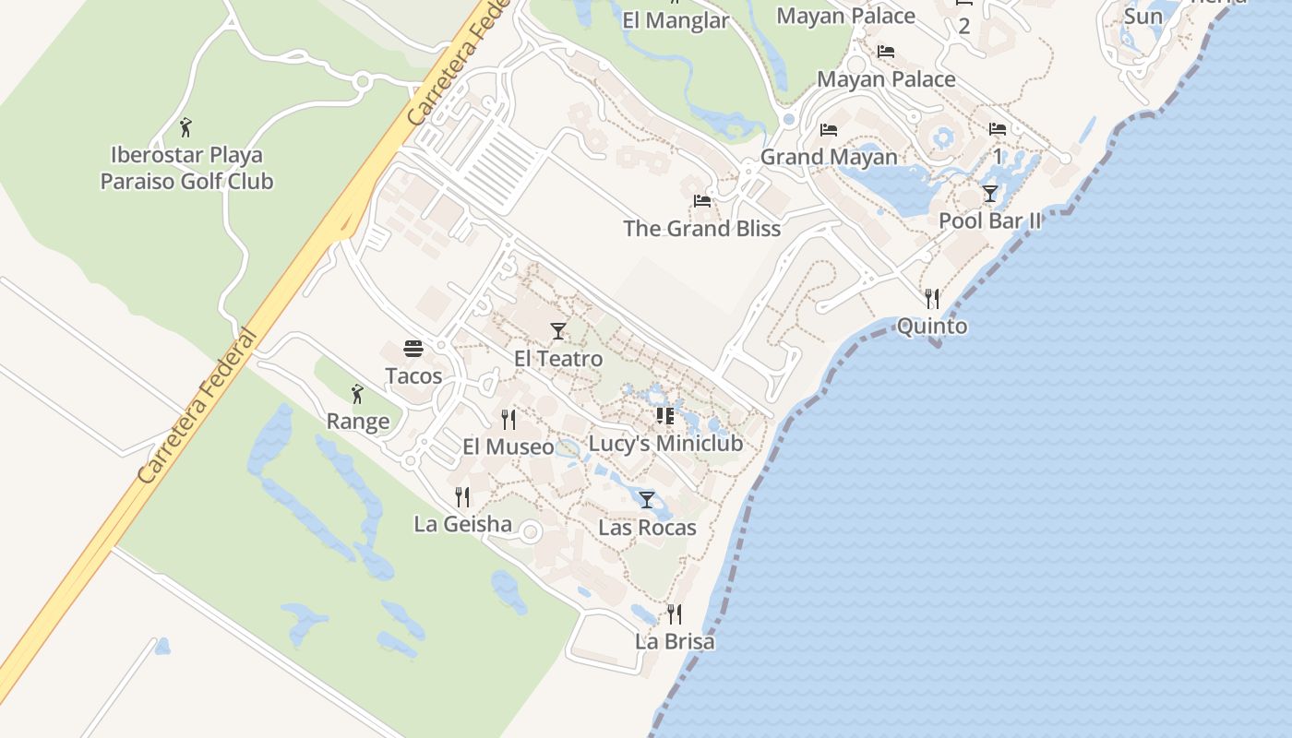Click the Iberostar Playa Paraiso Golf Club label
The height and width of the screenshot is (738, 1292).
[186, 168]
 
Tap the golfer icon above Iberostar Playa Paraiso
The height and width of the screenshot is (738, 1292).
[186, 127]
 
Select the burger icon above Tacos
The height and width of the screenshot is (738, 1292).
[413, 349]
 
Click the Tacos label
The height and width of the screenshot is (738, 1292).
[413, 376]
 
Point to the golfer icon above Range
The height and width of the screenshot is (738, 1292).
[358, 395]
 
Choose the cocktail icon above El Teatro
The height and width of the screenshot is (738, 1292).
[558, 331]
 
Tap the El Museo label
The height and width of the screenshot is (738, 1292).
[508, 447]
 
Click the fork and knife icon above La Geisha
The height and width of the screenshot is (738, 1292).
[462, 497]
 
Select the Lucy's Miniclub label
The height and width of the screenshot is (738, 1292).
[665, 444]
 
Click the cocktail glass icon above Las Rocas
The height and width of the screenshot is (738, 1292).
[647, 500]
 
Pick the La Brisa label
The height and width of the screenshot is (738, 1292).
[675, 641]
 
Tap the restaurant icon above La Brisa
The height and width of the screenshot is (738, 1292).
[675, 613]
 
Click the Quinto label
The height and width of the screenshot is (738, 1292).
[932, 327]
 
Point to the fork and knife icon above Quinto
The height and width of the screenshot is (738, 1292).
[932, 298]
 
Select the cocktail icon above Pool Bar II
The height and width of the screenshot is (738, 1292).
[990, 194]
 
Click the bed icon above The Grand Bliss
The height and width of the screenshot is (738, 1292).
[702, 201]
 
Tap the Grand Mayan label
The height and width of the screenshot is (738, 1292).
[829, 158]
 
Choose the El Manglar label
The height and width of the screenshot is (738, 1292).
[676, 20]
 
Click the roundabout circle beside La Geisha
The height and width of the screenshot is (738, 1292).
[531, 532]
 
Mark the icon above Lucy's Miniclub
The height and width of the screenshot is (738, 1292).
[665, 416]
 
